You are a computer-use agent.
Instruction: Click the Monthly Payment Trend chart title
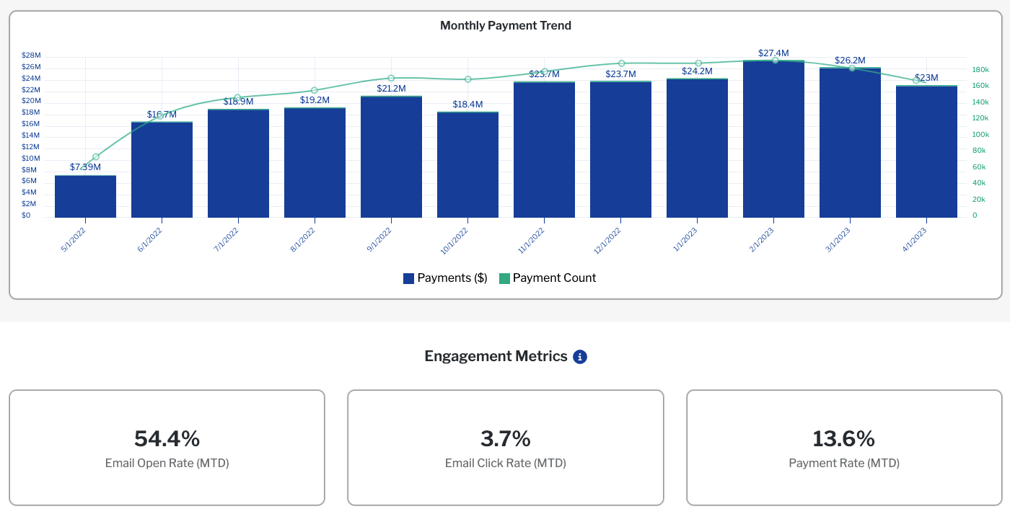(x=505, y=26)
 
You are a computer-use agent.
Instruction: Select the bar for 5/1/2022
(x=85, y=196)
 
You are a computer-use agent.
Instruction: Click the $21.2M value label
(x=391, y=89)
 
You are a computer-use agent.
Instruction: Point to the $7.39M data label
(x=85, y=167)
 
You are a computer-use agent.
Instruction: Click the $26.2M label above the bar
(x=850, y=61)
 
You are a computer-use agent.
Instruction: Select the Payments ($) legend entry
(x=445, y=278)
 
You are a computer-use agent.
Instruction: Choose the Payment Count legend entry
(x=548, y=278)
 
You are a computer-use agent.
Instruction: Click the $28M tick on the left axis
(x=31, y=56)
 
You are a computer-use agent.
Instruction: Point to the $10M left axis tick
(x=31, y=159)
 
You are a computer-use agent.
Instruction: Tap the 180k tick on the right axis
(x=980, y=70)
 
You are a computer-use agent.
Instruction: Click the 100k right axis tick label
(x=980, y=135)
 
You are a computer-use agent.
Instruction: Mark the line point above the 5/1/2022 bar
(x=96, y=156)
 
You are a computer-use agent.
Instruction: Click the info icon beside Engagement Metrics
(x=580, y=357)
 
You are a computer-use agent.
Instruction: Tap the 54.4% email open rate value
(x=167, y=438)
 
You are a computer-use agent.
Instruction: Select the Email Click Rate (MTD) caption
(x=505, y=464)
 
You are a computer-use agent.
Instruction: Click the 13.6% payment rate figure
(x=843, y=438)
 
